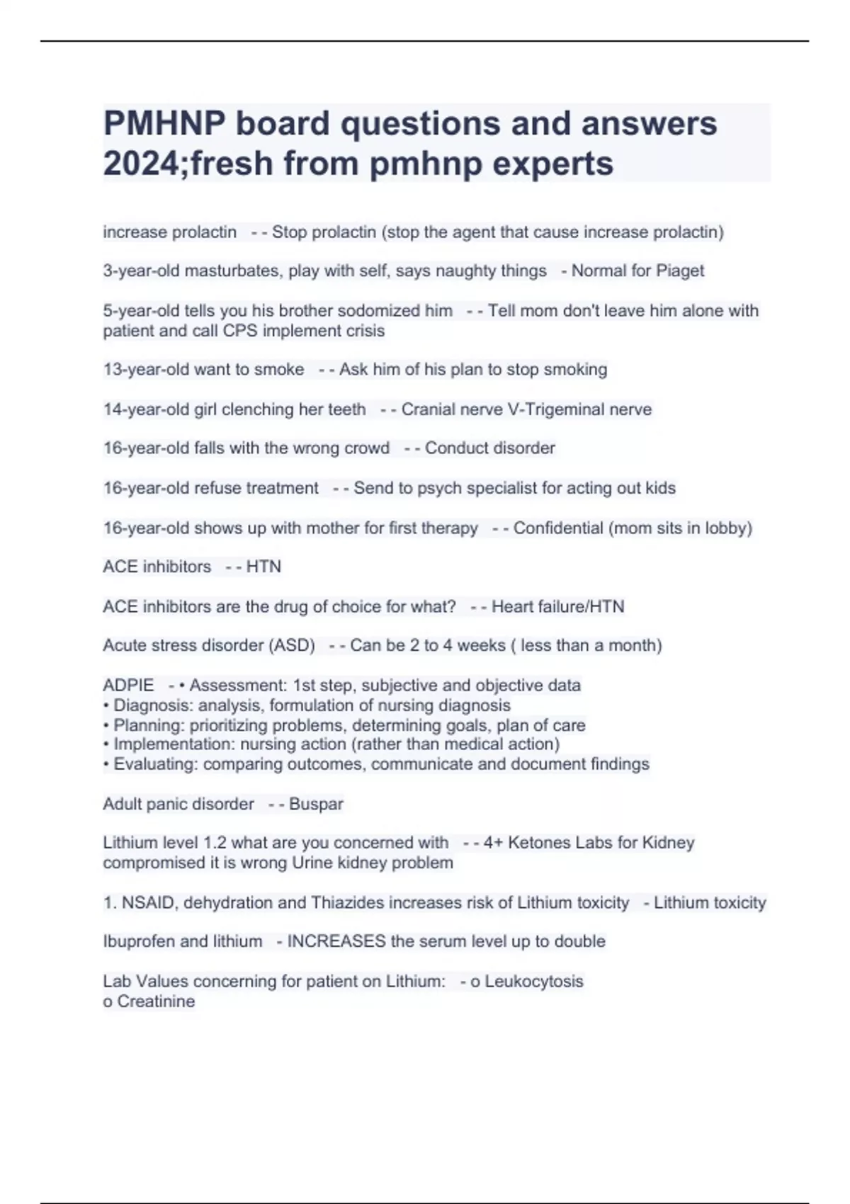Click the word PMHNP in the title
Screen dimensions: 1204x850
[x=164, y=124]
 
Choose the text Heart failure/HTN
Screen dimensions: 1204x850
[x=557, y=607]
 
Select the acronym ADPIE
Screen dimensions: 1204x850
[x=128, y=686]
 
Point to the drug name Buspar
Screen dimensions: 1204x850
[x=316, y=805]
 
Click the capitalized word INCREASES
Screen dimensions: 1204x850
[x=336, y=942]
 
